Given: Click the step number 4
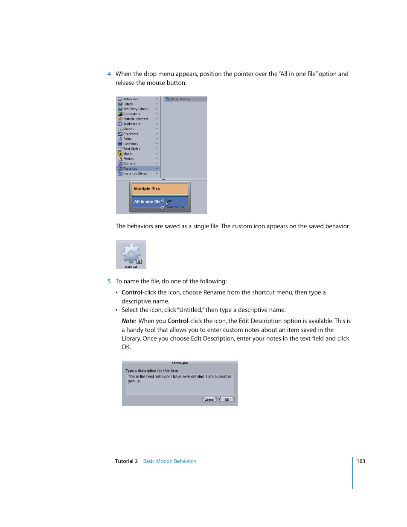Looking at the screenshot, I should [109, 74].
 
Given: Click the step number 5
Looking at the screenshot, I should [109, 281].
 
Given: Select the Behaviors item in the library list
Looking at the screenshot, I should [131, 99].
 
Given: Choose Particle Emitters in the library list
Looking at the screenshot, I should [136, 119].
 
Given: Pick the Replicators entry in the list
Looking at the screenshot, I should [132, 124].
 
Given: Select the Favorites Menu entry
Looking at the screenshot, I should [135, 174].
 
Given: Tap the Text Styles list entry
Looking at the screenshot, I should [131, 149].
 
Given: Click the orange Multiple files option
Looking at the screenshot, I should [160, 189].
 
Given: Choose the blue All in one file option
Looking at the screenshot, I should [160, 201].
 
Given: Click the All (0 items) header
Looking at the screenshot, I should [180, 99].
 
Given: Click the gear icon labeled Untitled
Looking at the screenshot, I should [131, 254].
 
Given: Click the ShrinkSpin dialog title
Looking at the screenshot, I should [180, 363].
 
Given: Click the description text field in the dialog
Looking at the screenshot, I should [180, 384].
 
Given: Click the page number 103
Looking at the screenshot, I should [361, 461].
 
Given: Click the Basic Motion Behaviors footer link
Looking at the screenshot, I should [169, 461].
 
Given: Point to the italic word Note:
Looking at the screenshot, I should [128, 321].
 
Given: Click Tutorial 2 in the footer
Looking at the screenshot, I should [126, 461].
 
